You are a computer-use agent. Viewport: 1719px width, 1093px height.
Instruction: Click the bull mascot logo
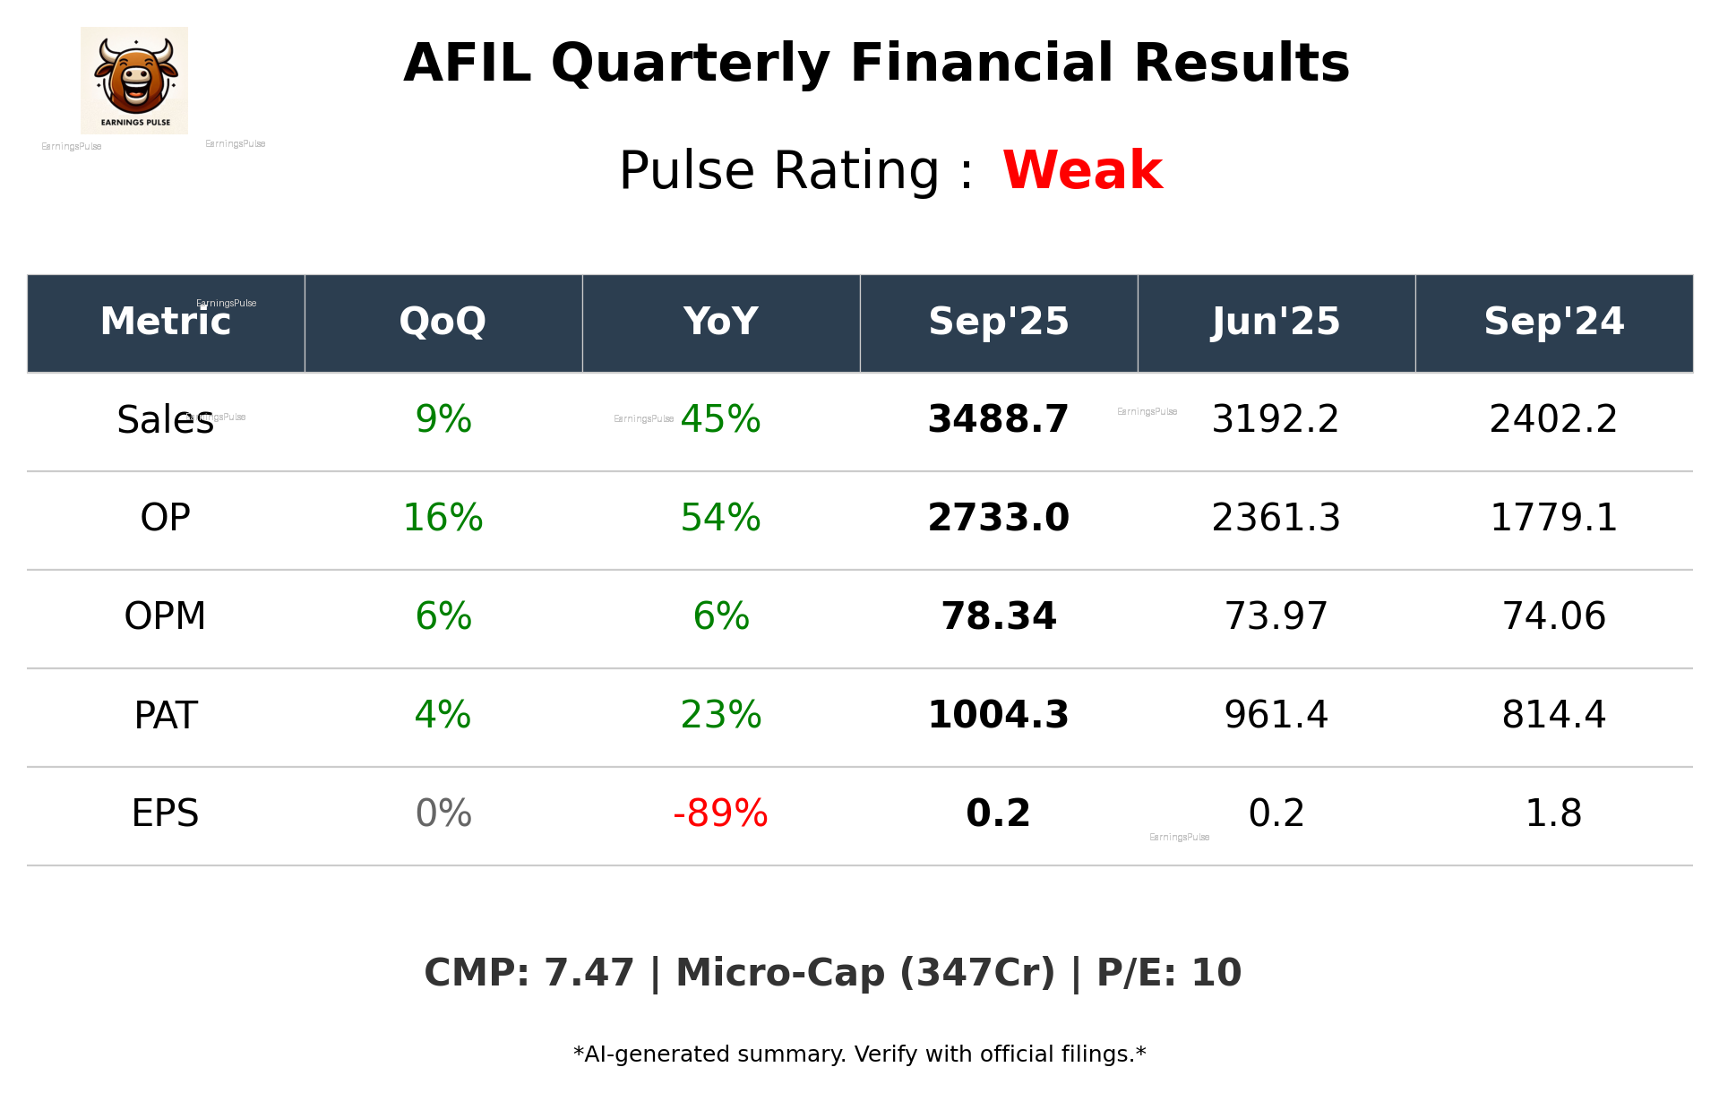134,80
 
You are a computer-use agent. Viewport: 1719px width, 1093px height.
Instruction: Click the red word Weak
1082,170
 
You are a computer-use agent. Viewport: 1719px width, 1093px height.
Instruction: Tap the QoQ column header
443,322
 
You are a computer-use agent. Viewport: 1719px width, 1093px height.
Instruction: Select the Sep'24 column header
1553,322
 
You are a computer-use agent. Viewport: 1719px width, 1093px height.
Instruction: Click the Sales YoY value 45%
720,419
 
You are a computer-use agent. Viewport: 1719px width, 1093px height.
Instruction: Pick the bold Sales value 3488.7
998,419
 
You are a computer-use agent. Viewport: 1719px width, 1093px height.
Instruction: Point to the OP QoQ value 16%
443,518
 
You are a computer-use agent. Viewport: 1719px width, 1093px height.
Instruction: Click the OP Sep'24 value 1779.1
1553,518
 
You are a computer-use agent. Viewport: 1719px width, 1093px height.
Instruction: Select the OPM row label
165,616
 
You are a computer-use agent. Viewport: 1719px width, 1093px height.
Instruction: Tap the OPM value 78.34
998,616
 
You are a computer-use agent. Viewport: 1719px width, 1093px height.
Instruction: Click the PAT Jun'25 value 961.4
1276,715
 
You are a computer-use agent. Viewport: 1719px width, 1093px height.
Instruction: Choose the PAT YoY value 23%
720,715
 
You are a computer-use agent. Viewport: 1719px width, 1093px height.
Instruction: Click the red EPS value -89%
720,813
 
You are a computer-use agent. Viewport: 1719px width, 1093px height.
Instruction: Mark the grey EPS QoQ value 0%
443,813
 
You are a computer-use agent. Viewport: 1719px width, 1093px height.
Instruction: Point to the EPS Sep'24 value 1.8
1553,813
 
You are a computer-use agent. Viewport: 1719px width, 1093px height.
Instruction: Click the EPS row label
165,813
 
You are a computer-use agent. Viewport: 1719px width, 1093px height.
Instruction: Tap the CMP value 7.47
589,973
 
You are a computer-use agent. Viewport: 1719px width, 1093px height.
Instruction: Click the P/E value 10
1216,973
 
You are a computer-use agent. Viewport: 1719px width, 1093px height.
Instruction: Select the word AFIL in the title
467,64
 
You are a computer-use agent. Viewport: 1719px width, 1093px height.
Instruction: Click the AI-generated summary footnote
859,1054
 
